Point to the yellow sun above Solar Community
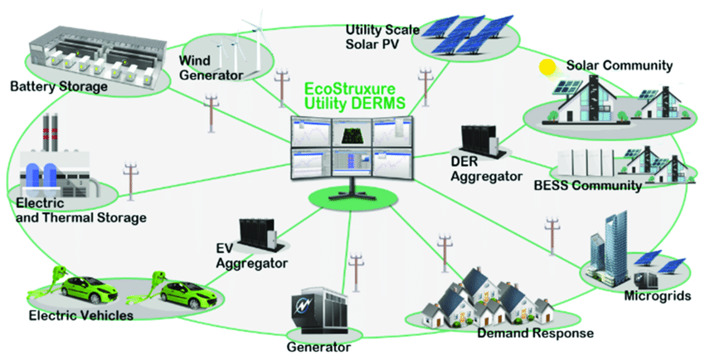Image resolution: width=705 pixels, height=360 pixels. [x=547, y=67]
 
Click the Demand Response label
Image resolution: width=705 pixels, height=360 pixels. [x=535, y=333]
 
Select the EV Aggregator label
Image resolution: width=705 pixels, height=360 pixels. [x=250, y=256]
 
